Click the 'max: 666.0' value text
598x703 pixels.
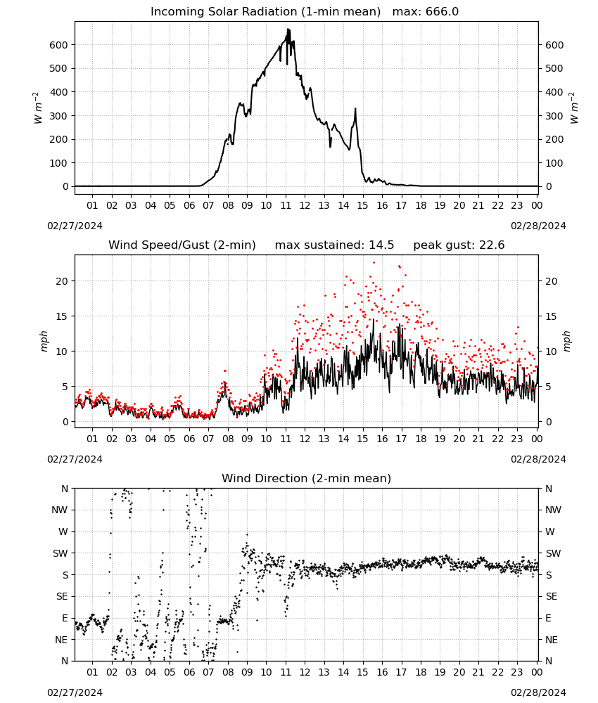click(x=426, y=12)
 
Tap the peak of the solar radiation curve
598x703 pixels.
click(x=288, y=30)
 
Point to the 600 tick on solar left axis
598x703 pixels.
click(x=59, y=45)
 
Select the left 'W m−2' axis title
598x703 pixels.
click(x=38, y=108)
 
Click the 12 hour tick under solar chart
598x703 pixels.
click(x=305, y=205)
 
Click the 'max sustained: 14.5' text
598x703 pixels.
click(x=334, y=245)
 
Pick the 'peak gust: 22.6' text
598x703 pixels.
click(x=459, y=245)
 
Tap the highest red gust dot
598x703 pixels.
click(x=374, y=263)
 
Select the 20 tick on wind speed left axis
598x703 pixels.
click(x=63, y=281)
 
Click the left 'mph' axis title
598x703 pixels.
click(x=44, y=341)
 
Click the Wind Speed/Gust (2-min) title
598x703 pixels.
click(x=182, y=245)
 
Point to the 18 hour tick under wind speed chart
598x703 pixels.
click(x=421, y=439)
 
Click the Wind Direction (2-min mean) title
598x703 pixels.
click(x=307, y=478)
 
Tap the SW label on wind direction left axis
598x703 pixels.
click(x=60, y=553)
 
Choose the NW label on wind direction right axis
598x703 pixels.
click(x=553, y=510)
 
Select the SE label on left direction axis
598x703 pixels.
click(x=62, y=596)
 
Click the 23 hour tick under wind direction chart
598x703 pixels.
click(x=517, y=672)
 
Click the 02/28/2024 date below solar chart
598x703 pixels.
click(x=538, y=226)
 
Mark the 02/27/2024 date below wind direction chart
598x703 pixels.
click(x=75, y=692)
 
